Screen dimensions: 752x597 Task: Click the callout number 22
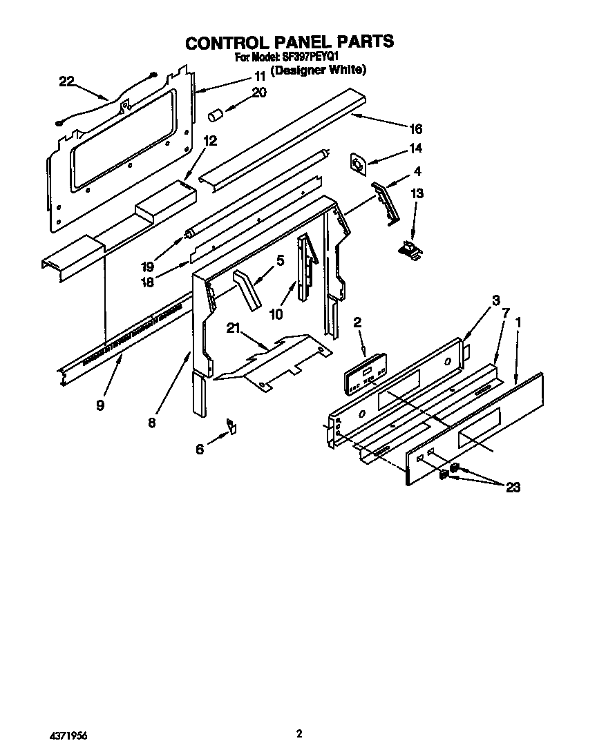coord(66,81)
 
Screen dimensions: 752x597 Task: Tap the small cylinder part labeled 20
coord(215,113)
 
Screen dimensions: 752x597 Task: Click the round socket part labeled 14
coord(359,164)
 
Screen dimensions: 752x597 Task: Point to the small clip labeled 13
coord(412,251)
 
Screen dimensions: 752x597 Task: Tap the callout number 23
coord(512,488)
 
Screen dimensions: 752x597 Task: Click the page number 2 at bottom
coord(298,734)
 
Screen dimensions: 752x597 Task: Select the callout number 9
coord(100,405)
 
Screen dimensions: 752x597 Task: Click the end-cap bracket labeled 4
coord(386,202)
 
